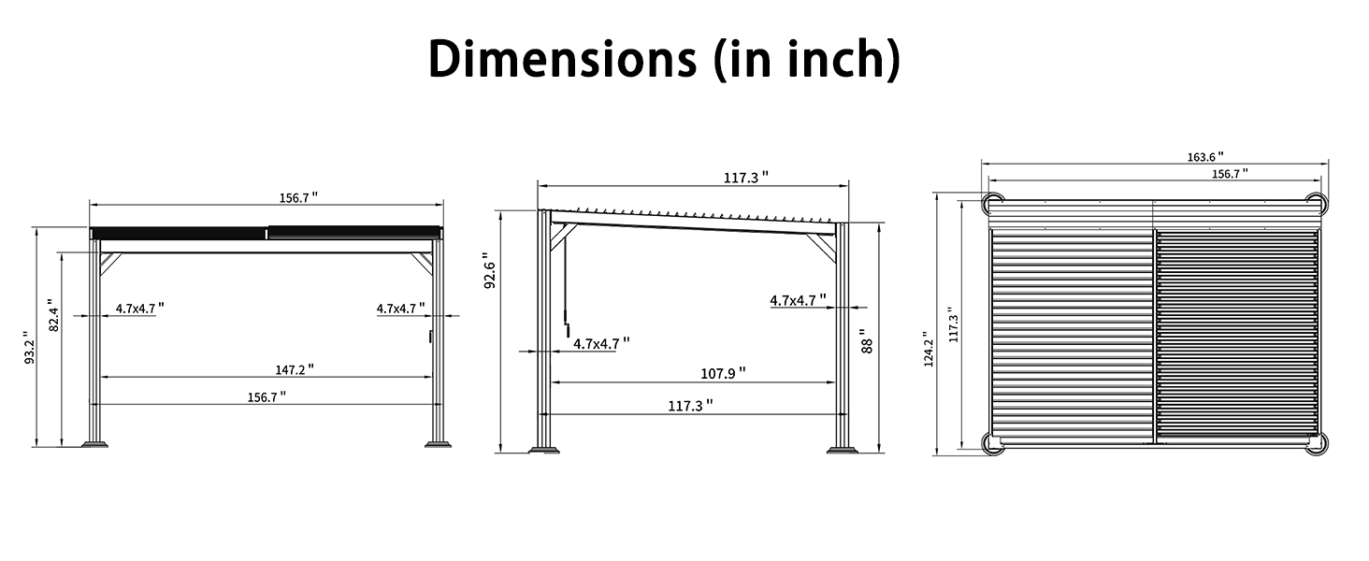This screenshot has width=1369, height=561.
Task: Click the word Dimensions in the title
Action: tap(562, 59)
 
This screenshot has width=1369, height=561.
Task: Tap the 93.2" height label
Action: tap(29, 349)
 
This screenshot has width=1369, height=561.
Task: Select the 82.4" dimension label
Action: tap(54, 315)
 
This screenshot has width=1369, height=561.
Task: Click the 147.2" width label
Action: tap(295, 369)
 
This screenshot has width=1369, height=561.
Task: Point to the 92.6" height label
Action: tap(490, 271)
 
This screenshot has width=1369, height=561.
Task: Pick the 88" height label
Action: tap(866, 341)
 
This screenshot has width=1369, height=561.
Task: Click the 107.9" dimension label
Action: tap(723, 373)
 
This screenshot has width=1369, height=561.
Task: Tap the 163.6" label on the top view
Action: tap(1205, 157)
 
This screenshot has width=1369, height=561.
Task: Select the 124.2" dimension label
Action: tap(929, 350)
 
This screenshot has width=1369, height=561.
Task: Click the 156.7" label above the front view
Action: tap(299, 198)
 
